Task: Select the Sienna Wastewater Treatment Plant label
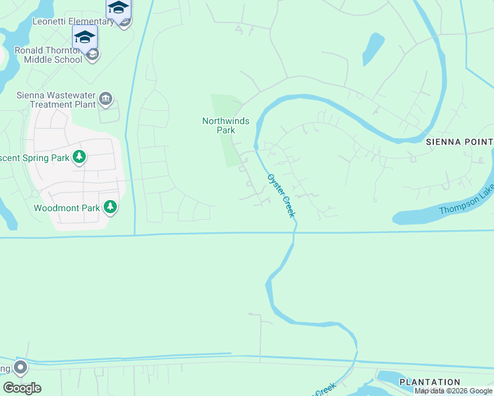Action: pos(54,100)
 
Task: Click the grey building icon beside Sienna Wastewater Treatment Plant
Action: pos(106,100)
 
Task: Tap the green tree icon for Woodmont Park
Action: pos(110,208)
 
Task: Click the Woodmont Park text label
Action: pos(67,208)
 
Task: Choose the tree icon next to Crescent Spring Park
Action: pos(79,157)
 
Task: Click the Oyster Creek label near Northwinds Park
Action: pos(280,196)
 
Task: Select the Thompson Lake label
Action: pos(465,209)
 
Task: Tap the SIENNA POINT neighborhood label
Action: pos(460,142)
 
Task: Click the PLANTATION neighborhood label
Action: pos(430,382)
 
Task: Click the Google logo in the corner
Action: pos(22,388)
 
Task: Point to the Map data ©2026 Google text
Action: pos(454,391)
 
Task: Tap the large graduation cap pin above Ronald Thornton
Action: pos(85,37)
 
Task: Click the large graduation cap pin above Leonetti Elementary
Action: pos(118,8)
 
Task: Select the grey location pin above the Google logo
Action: pos(20,367)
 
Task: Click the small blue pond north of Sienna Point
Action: pos(372,48)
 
